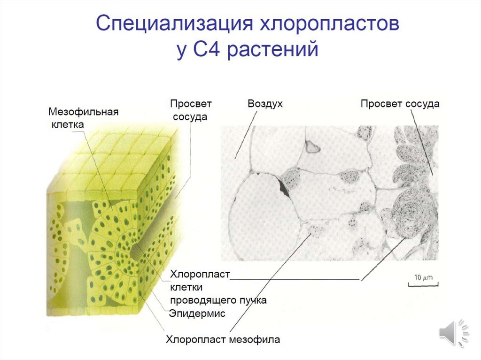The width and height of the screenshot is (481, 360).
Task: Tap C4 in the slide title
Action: tap(203, 49)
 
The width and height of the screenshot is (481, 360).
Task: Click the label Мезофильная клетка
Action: tap(82, 118)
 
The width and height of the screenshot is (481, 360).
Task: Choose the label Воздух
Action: tap(265, 103)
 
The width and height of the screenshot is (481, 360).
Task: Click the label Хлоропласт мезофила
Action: tap(223, 339)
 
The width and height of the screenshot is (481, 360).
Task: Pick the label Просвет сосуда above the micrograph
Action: tap(400, 103)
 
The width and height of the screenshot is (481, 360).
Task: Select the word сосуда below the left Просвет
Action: tap(190, 116)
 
